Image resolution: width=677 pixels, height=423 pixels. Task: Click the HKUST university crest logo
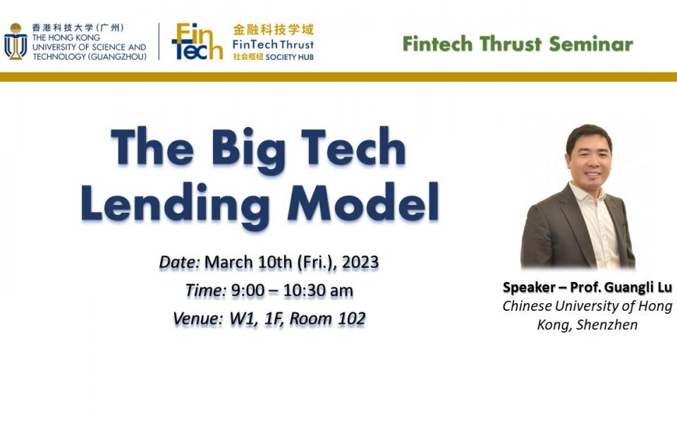pyautogui.click(x=16, y=42)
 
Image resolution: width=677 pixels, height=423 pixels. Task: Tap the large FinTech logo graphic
pyautogui.click(x=197, y=42)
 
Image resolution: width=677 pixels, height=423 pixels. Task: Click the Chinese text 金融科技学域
pyautogui.click(x=274, y=30)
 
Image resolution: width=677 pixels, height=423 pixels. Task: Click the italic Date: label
pyautogui.click(x=180, y=262)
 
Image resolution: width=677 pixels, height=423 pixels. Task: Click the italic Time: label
pyautogui.click(x=205, y=290)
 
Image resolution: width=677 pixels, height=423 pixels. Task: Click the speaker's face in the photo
pyautogui.click(x=587, y=156)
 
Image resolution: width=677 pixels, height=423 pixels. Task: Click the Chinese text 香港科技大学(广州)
pyautogui.click(x=78, y=27)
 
